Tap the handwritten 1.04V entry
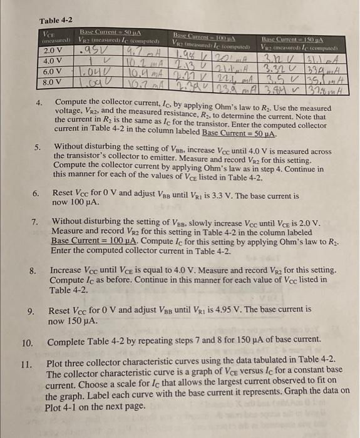pos(90,71)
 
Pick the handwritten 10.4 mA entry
pos(130,72)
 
